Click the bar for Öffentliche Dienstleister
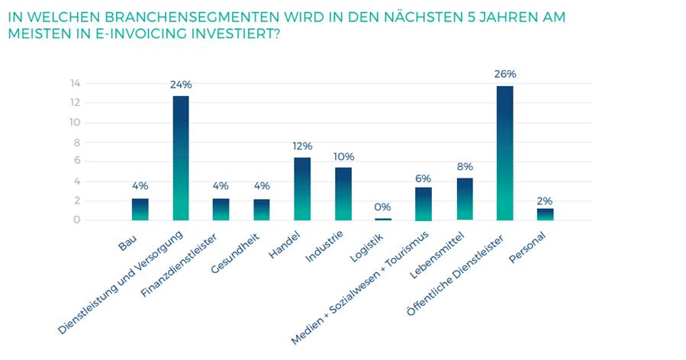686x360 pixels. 504,153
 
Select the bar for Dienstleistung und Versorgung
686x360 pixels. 180,158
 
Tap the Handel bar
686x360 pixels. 302,188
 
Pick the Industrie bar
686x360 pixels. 343,194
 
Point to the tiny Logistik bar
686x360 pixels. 383,219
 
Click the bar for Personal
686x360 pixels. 545,214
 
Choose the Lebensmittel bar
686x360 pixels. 464,199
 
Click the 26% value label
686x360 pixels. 505,74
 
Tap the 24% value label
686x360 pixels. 181,84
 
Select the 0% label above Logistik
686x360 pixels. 383,207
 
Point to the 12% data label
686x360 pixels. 302,146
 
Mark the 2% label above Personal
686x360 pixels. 545,200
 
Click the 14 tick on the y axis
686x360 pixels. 76,83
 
